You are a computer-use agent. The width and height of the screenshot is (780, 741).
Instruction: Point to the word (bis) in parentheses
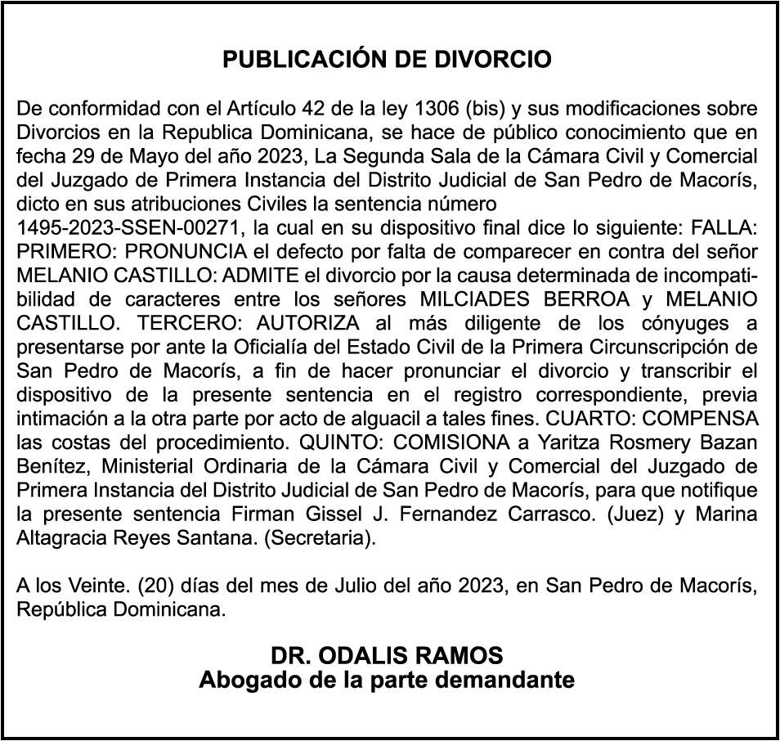(x=479, y=110)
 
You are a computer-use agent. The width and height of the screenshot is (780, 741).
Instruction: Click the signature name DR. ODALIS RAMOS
(x=387, y=656)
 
